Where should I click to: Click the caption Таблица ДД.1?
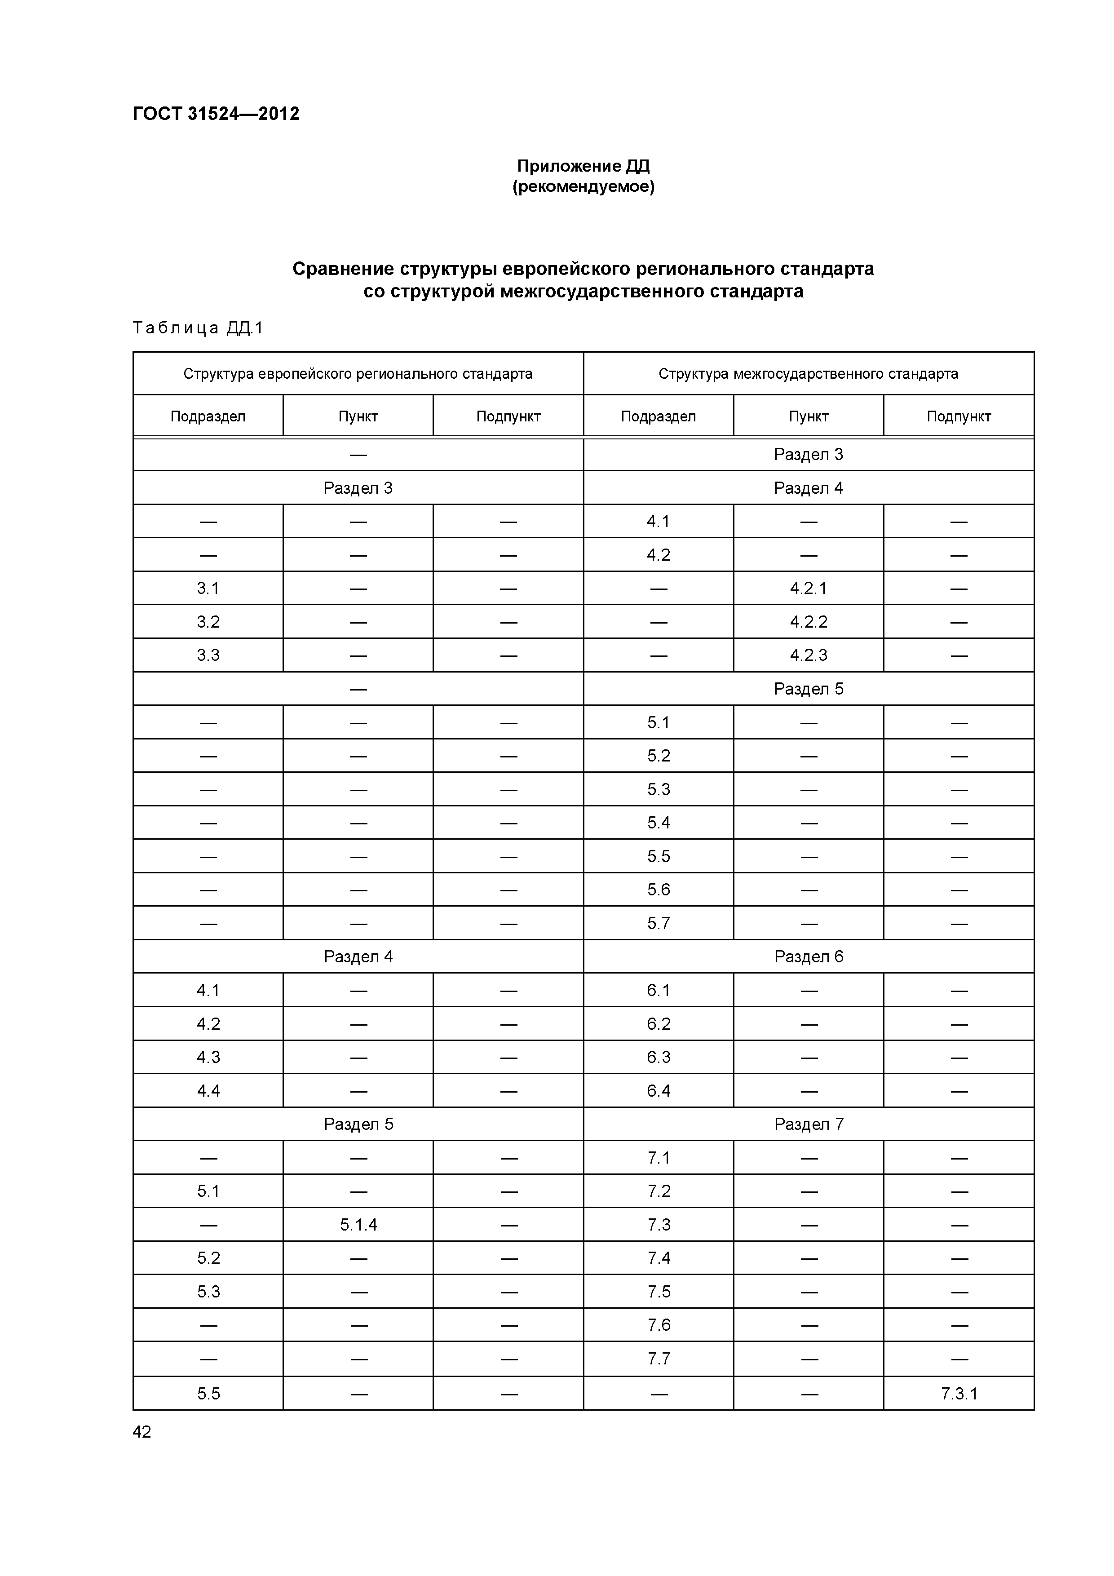pos(198,328)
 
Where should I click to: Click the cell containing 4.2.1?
pos(809,588)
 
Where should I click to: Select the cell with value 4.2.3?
pos(809,655)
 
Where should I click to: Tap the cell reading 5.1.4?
pos(358,1225)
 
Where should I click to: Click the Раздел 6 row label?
pos(809,957)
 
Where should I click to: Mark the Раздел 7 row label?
pos(809,1124)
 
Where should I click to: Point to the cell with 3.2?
pos(208,622)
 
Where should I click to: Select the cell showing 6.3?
pos(658,1057)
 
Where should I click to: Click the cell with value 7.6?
pos(658,1325)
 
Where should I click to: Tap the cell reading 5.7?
pos(658,923)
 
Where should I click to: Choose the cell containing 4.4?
pos(208,1091)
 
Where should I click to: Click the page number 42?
pos(142,1432)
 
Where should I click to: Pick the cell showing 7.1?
pos(658,1158)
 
